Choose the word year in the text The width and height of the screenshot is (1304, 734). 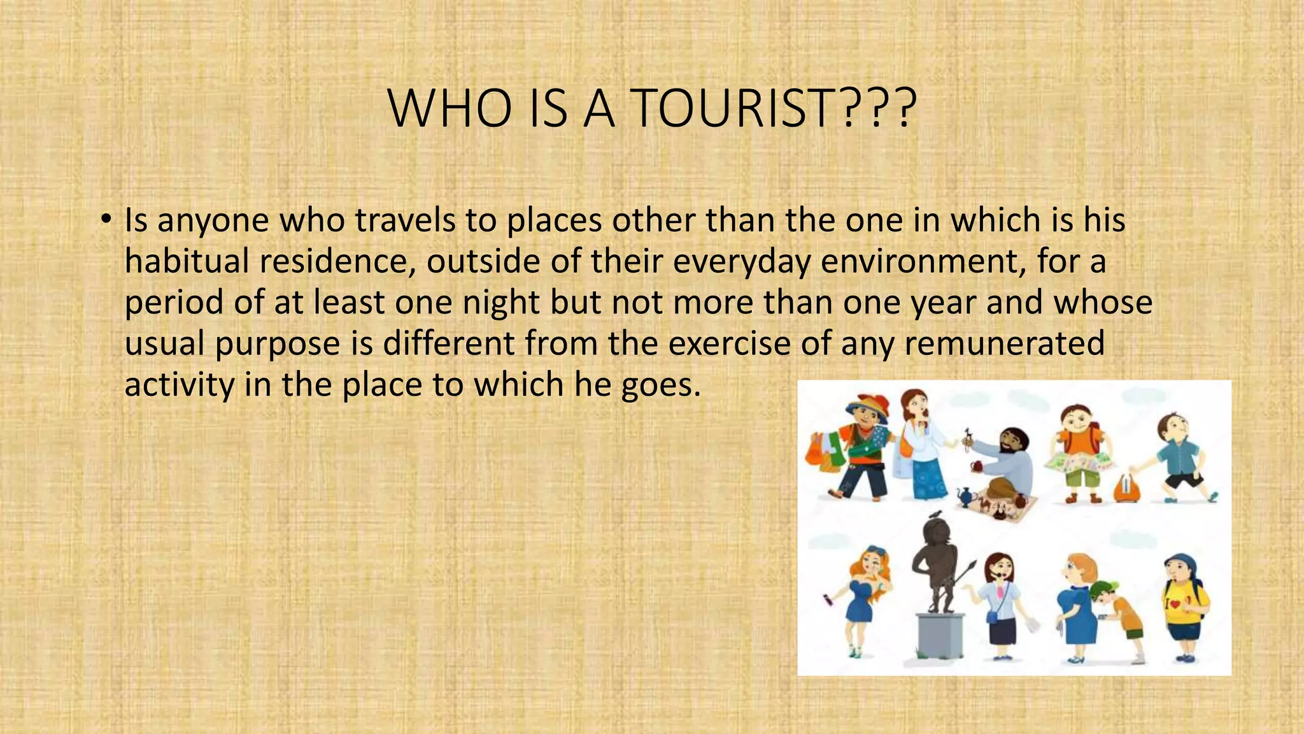coord(943,302)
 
